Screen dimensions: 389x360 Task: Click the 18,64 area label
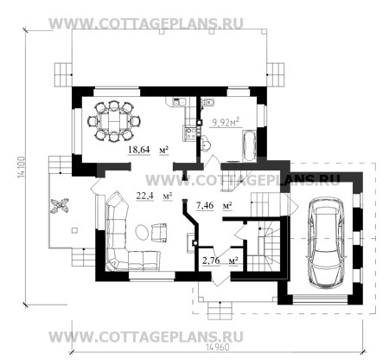click(x=139, y=150)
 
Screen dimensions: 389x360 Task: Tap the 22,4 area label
click(x=145, y=196)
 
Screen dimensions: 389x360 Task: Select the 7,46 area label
click(x=205, y=206)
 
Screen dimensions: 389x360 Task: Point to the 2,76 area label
click(x=211, y=260)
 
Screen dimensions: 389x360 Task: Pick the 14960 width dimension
click(x=218, y=347)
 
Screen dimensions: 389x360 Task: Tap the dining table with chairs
click(x=114, y=121)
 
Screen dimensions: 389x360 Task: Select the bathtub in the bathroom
click(x=249, y=146)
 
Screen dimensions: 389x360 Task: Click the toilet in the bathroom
click(x=208, y=102)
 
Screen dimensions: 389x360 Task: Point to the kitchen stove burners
click(x=190, y=133)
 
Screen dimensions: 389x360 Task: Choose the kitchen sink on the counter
click(x=179, y=101)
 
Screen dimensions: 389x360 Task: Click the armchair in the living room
click(x=159, y=233)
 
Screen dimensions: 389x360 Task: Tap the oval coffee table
click(x=142, y=232)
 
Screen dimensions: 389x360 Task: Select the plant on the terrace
click(x=60, y=206)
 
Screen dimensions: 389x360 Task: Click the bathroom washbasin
click(x=206, y=145)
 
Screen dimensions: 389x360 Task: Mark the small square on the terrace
click(x=74, y=230)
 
